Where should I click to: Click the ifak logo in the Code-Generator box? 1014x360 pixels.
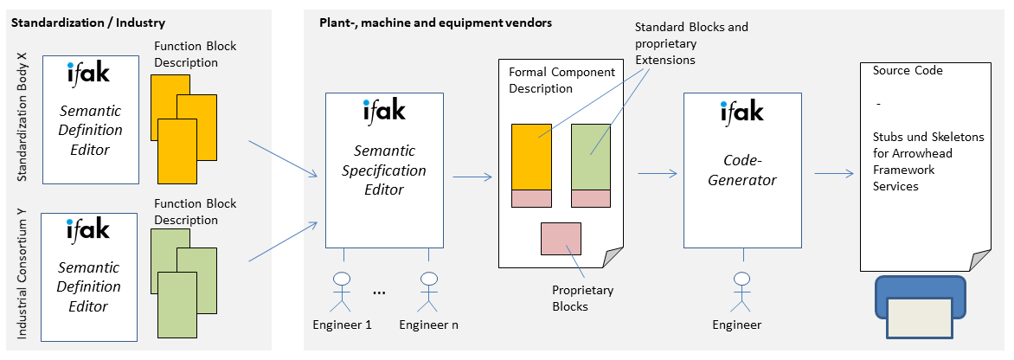tap(742, 112)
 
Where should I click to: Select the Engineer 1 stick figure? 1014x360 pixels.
tap(341, 292)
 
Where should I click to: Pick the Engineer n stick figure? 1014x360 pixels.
tap(428, 292)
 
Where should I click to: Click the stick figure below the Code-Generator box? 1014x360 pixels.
tap(742, 292)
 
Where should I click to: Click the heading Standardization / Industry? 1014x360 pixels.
tap(88, 23)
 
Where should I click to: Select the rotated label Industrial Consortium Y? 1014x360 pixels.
tap(22, 278)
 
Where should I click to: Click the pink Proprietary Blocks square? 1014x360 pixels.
tap(561, 239)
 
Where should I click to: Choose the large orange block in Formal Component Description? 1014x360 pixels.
tap(531, 157)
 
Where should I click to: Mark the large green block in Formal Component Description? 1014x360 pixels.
tap(590, 157)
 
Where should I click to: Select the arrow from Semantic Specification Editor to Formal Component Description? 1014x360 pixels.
tap(472, 177)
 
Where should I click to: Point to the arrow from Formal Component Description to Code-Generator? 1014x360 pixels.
tap(658, 173)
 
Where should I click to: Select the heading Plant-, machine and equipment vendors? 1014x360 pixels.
tap(436, 23)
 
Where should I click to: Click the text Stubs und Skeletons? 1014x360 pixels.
tap(928, 137)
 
